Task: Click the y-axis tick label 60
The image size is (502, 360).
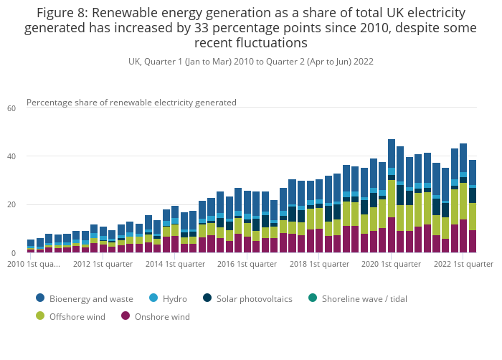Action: (x=11, y=108)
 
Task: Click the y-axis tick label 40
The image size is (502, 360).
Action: (x=11, y=156)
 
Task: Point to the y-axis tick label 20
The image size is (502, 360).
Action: (x=11, y=204)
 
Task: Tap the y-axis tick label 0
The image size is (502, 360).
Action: (x=13, y=252)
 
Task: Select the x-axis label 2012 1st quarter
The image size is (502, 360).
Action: (x=103, y=264)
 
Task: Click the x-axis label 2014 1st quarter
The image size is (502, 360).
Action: (x=176, y=264)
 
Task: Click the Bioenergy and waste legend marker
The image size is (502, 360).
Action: (x=40, y=298)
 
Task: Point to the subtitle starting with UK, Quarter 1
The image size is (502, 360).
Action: (x=250, y=62)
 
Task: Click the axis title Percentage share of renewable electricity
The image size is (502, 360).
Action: (x=131, y=103)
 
